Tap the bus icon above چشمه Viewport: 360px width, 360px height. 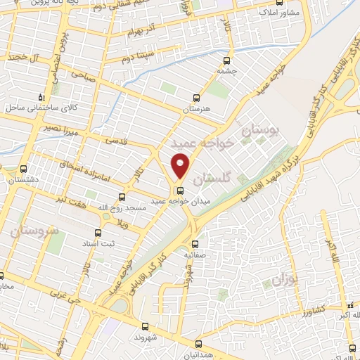[x=225, y=60]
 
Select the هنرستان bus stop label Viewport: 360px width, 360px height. [x=196, y=110]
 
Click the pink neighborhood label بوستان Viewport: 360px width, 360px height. [x=261, y=130]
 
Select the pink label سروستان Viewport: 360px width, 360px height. [x=34, y=230]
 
